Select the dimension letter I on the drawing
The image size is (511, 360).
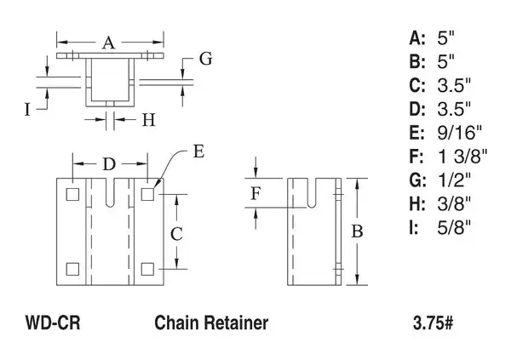coord(28,108)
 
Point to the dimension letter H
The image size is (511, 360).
coord(147,120)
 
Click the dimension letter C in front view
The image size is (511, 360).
coord(175,231)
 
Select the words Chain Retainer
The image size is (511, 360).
coord(211,323)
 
